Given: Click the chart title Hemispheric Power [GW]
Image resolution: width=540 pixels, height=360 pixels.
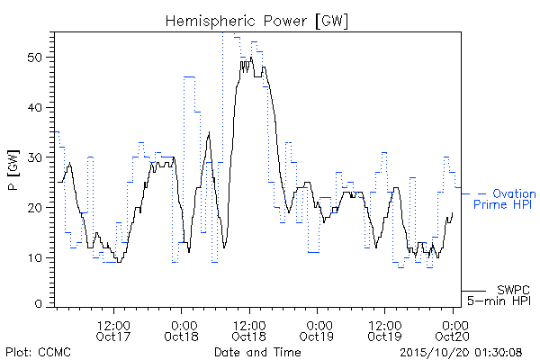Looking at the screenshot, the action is [x=256, y=22].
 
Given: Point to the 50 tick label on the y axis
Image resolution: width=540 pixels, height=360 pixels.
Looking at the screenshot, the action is [x=35, y=58].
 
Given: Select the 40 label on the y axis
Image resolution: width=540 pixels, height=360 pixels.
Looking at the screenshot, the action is [x=35, y=107].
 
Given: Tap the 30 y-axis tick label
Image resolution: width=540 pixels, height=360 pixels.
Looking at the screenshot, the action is [x=35, y=157].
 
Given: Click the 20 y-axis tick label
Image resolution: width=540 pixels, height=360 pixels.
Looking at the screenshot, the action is [x=35, y=208].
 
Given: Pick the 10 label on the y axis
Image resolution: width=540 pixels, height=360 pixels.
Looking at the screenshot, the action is [x=35, y=257].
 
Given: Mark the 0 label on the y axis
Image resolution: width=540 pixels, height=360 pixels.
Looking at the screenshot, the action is [x=39, y=304].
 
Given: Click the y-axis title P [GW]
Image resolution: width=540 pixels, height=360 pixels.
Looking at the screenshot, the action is [x=13, y=170].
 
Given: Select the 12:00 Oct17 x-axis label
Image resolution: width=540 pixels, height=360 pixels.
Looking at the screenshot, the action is [x=113, y=331].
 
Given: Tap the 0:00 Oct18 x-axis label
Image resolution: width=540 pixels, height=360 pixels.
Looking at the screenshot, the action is [x=182, y=331].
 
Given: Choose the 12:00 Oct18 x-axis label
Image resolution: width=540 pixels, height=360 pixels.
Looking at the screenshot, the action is [x=249, y=331].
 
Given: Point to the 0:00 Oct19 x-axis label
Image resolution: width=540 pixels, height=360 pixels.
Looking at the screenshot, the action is [x=317, y=331].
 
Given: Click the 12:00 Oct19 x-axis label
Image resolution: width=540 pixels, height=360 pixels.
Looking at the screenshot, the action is [x=384, y=331].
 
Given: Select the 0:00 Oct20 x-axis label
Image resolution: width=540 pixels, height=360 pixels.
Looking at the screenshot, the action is [x=453, y=331].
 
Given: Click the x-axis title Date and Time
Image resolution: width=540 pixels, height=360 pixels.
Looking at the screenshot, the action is [x=257, y=352].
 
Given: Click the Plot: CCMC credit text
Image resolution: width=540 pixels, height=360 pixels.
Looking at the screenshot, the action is [x=38, y=352].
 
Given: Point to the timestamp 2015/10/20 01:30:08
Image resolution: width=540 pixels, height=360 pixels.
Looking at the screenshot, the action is [x=461, y=353].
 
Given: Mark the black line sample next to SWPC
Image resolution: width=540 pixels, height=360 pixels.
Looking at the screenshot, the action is [x=473, y=291].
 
